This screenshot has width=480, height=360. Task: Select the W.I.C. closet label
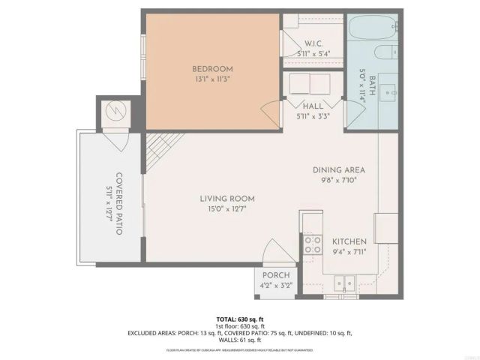pyautogui.click(x=313, y=43)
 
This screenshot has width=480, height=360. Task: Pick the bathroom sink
pyautogui.click(x=389, y=91)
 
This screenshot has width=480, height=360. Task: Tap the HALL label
pyautogui.click(x=313, y=106)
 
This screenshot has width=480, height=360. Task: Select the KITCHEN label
pyautogui.click(x=349, y=241)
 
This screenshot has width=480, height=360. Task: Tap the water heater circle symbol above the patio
pyautogui.click(x=116, y=113)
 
